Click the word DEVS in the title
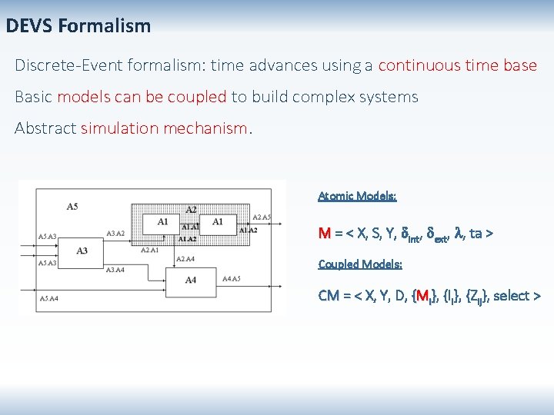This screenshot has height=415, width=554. (28, 26)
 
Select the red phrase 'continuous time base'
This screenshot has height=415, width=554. (457, 65)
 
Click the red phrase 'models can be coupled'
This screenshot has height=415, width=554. (142, 97)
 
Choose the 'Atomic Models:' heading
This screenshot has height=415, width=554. (357, 196)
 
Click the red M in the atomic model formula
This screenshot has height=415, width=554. (324, 233)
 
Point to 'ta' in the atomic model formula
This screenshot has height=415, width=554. (476, 233)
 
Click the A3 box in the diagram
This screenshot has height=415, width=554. (82, 251)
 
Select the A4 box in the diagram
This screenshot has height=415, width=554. (191, 280)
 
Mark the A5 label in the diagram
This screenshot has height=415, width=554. (72, 206)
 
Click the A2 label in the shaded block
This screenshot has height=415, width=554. (192, 209)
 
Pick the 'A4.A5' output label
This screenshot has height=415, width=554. (231, 278)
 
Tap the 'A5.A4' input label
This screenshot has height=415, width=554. (48, 297)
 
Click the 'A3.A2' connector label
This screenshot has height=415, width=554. (115, 233)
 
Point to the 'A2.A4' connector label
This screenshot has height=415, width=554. (185, 259)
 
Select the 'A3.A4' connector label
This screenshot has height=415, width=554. (115, 270)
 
